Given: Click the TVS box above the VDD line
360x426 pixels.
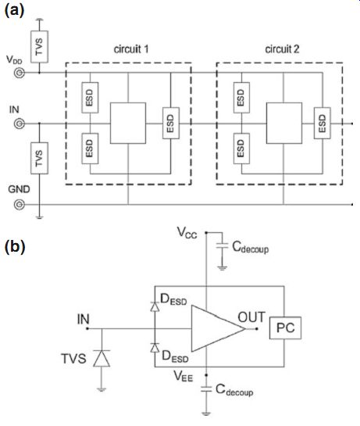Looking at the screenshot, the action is pos(39,47).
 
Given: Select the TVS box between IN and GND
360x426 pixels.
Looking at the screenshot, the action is pos(39,158).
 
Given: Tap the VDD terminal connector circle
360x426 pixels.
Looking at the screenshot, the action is pos(20,73).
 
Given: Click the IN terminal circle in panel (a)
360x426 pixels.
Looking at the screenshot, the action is pos(20,124).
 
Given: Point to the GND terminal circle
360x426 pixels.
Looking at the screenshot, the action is pos(20,204).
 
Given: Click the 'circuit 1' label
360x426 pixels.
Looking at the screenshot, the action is pos(131,49).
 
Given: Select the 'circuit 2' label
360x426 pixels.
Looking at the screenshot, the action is pos(282,49).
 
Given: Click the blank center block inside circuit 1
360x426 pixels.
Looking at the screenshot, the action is pos(128,123).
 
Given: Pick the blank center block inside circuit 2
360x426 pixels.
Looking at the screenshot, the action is pos(284,123).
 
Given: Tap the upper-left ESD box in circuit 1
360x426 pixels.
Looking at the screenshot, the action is pos(90,98).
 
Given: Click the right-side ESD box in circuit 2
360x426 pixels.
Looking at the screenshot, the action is pos(323,123).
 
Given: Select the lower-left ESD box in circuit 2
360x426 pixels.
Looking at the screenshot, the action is pos(241,149).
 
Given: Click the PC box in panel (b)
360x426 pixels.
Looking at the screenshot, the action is pos(285,328).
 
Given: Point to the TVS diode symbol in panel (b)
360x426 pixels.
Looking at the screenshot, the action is pos(102,358).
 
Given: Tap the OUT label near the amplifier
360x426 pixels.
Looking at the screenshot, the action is pos(251,317).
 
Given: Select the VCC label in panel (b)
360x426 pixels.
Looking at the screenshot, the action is pos(187,233).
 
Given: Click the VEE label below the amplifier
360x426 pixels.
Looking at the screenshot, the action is pos(184,376).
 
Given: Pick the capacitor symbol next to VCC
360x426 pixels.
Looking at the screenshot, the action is pos(222,245).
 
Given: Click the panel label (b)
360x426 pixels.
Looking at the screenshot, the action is pos(15,247).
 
